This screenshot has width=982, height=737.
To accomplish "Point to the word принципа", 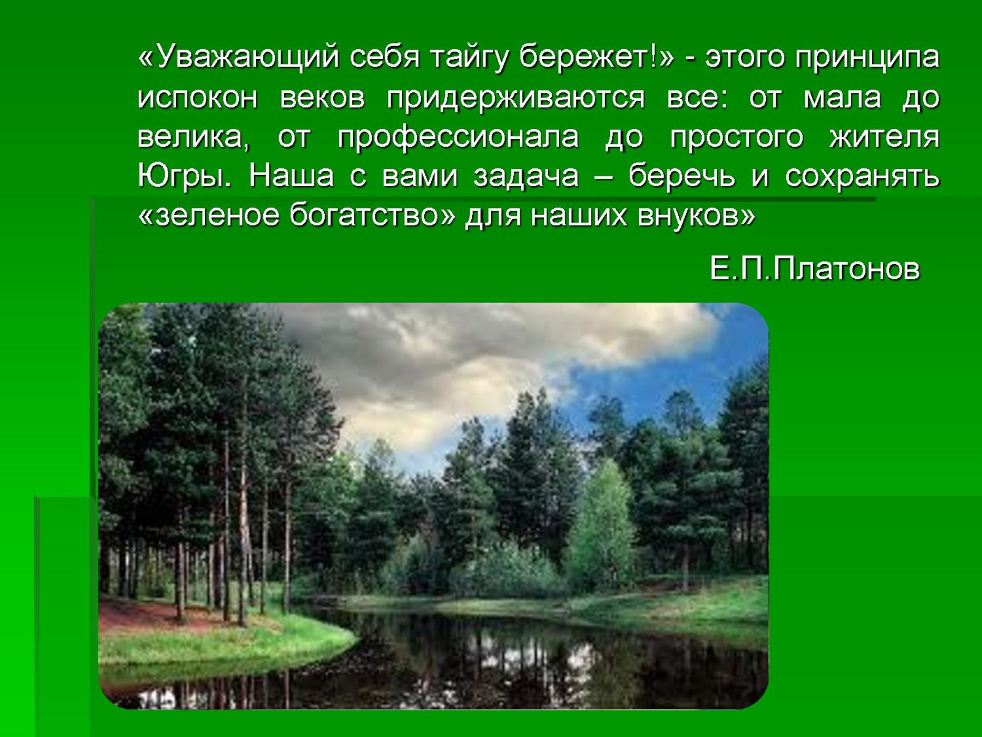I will [x=867, y=58].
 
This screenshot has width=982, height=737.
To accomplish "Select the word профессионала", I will [x=458, y=137].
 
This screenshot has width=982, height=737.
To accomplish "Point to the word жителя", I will [x=884, y=137].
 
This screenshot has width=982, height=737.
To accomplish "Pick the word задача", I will [x=526, y=177].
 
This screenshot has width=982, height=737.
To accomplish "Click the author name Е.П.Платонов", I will [x=814, y=268].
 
